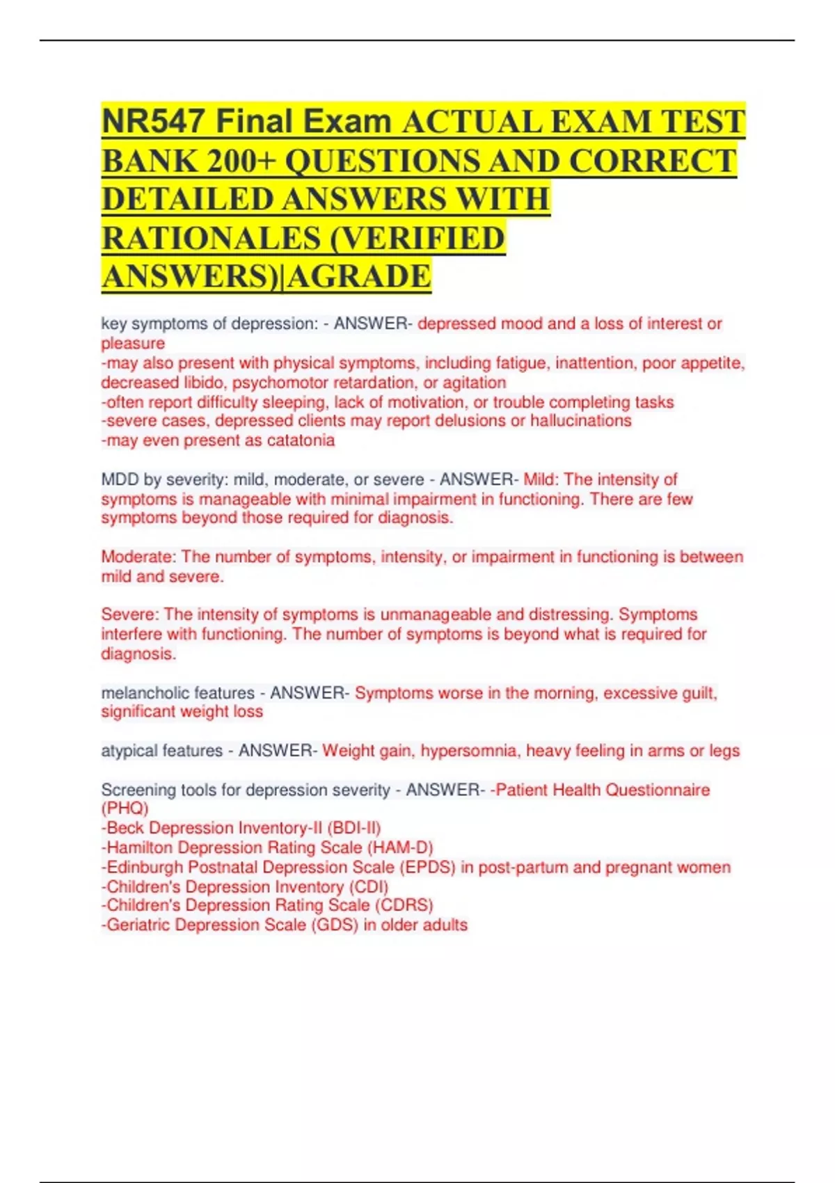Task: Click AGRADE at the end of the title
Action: pyautogui.click(x=359, y=276)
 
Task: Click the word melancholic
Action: pyautogui.click(x=143, y=693)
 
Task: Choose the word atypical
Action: pyautogui.click(x=127, y=751)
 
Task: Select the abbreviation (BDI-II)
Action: pyautogui.click(x=353, y=828)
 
